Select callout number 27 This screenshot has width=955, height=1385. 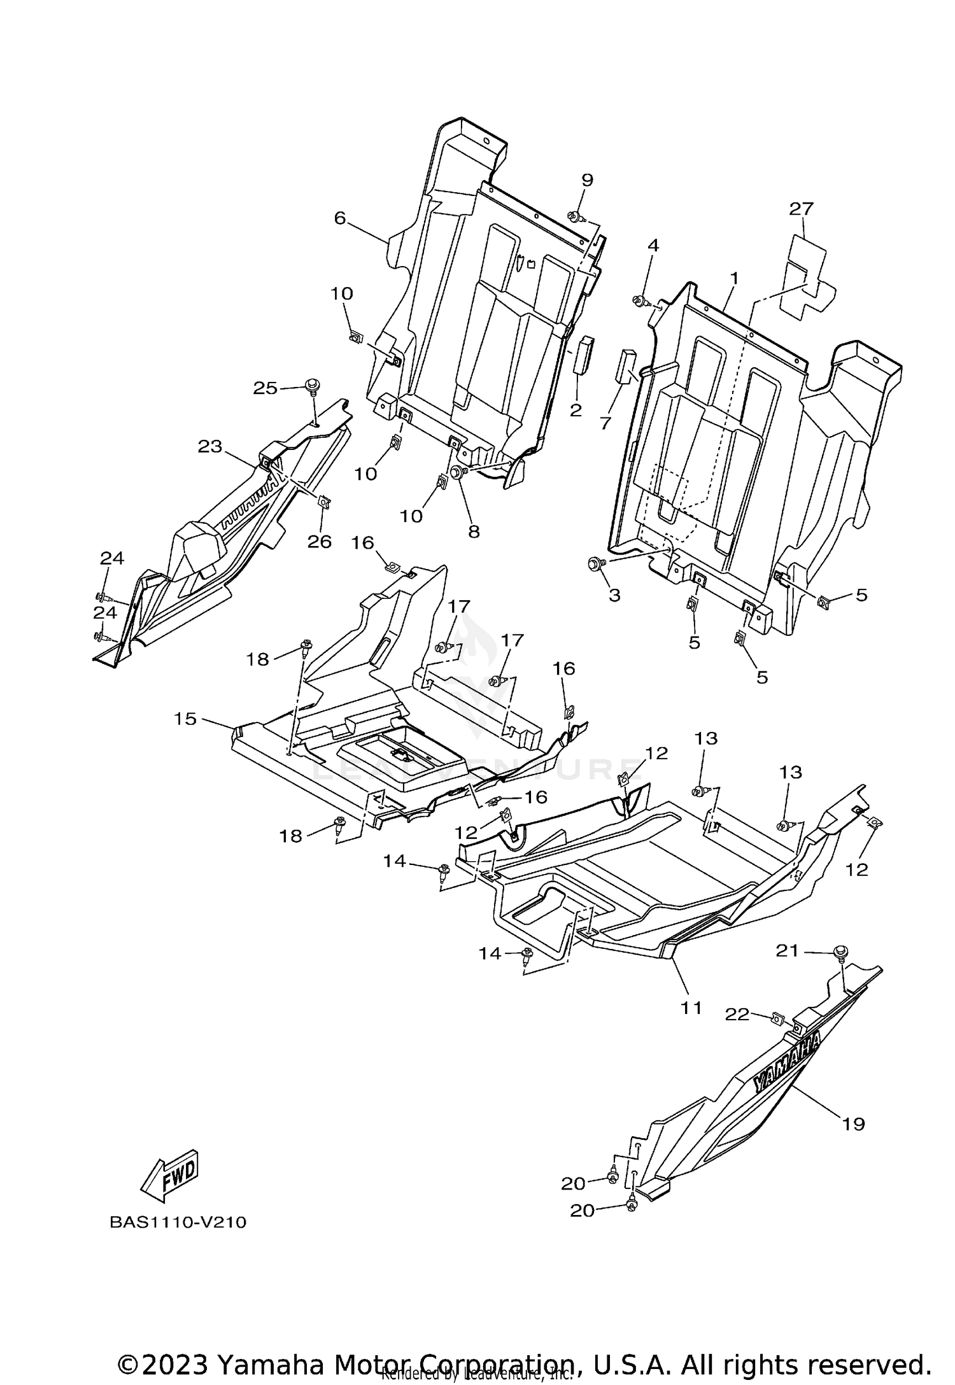(802, 209)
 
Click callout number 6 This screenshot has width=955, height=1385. (339, 218)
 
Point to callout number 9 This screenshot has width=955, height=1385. (586, 180)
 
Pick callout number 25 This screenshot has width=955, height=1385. (265, 387)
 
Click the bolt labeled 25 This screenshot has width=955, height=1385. (313, 386)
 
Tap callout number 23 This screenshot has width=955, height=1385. (210, 446)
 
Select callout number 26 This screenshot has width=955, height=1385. (320, 541)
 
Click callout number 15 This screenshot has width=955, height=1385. (186, 719)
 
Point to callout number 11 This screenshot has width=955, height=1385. (691, 1008)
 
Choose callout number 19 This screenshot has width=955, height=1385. (853, 1124)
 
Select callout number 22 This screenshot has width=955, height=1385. (737, 1015)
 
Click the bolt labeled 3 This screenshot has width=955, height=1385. (595, 563)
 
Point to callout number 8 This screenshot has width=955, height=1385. (474, 531)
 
